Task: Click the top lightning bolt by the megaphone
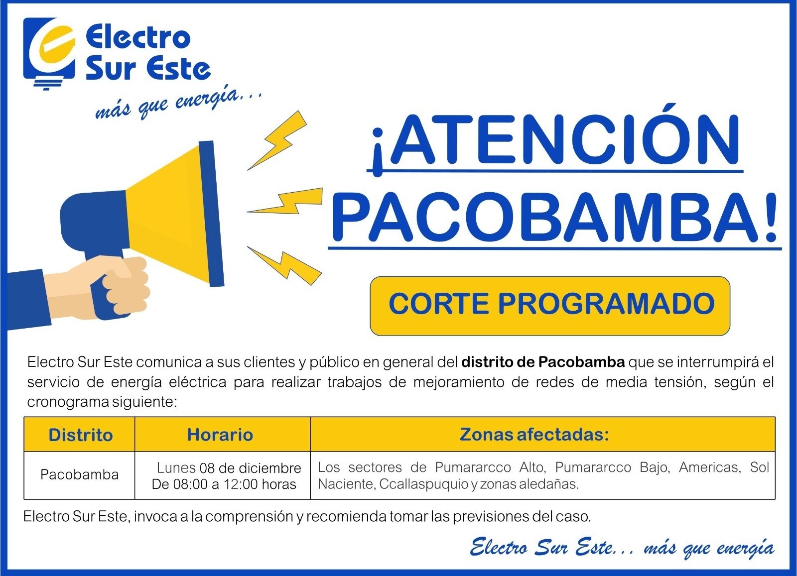coord(277,140)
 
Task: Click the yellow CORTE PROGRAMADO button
coord(550,306)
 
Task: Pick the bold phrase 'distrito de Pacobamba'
coord(543,362)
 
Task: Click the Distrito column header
coord(80,435)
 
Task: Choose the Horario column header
coord(220,435)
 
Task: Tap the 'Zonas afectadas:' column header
coord(534,435)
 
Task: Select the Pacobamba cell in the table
coord(79,474)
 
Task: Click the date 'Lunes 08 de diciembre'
coord(229,468)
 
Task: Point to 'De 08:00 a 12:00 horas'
coord(224,484)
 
